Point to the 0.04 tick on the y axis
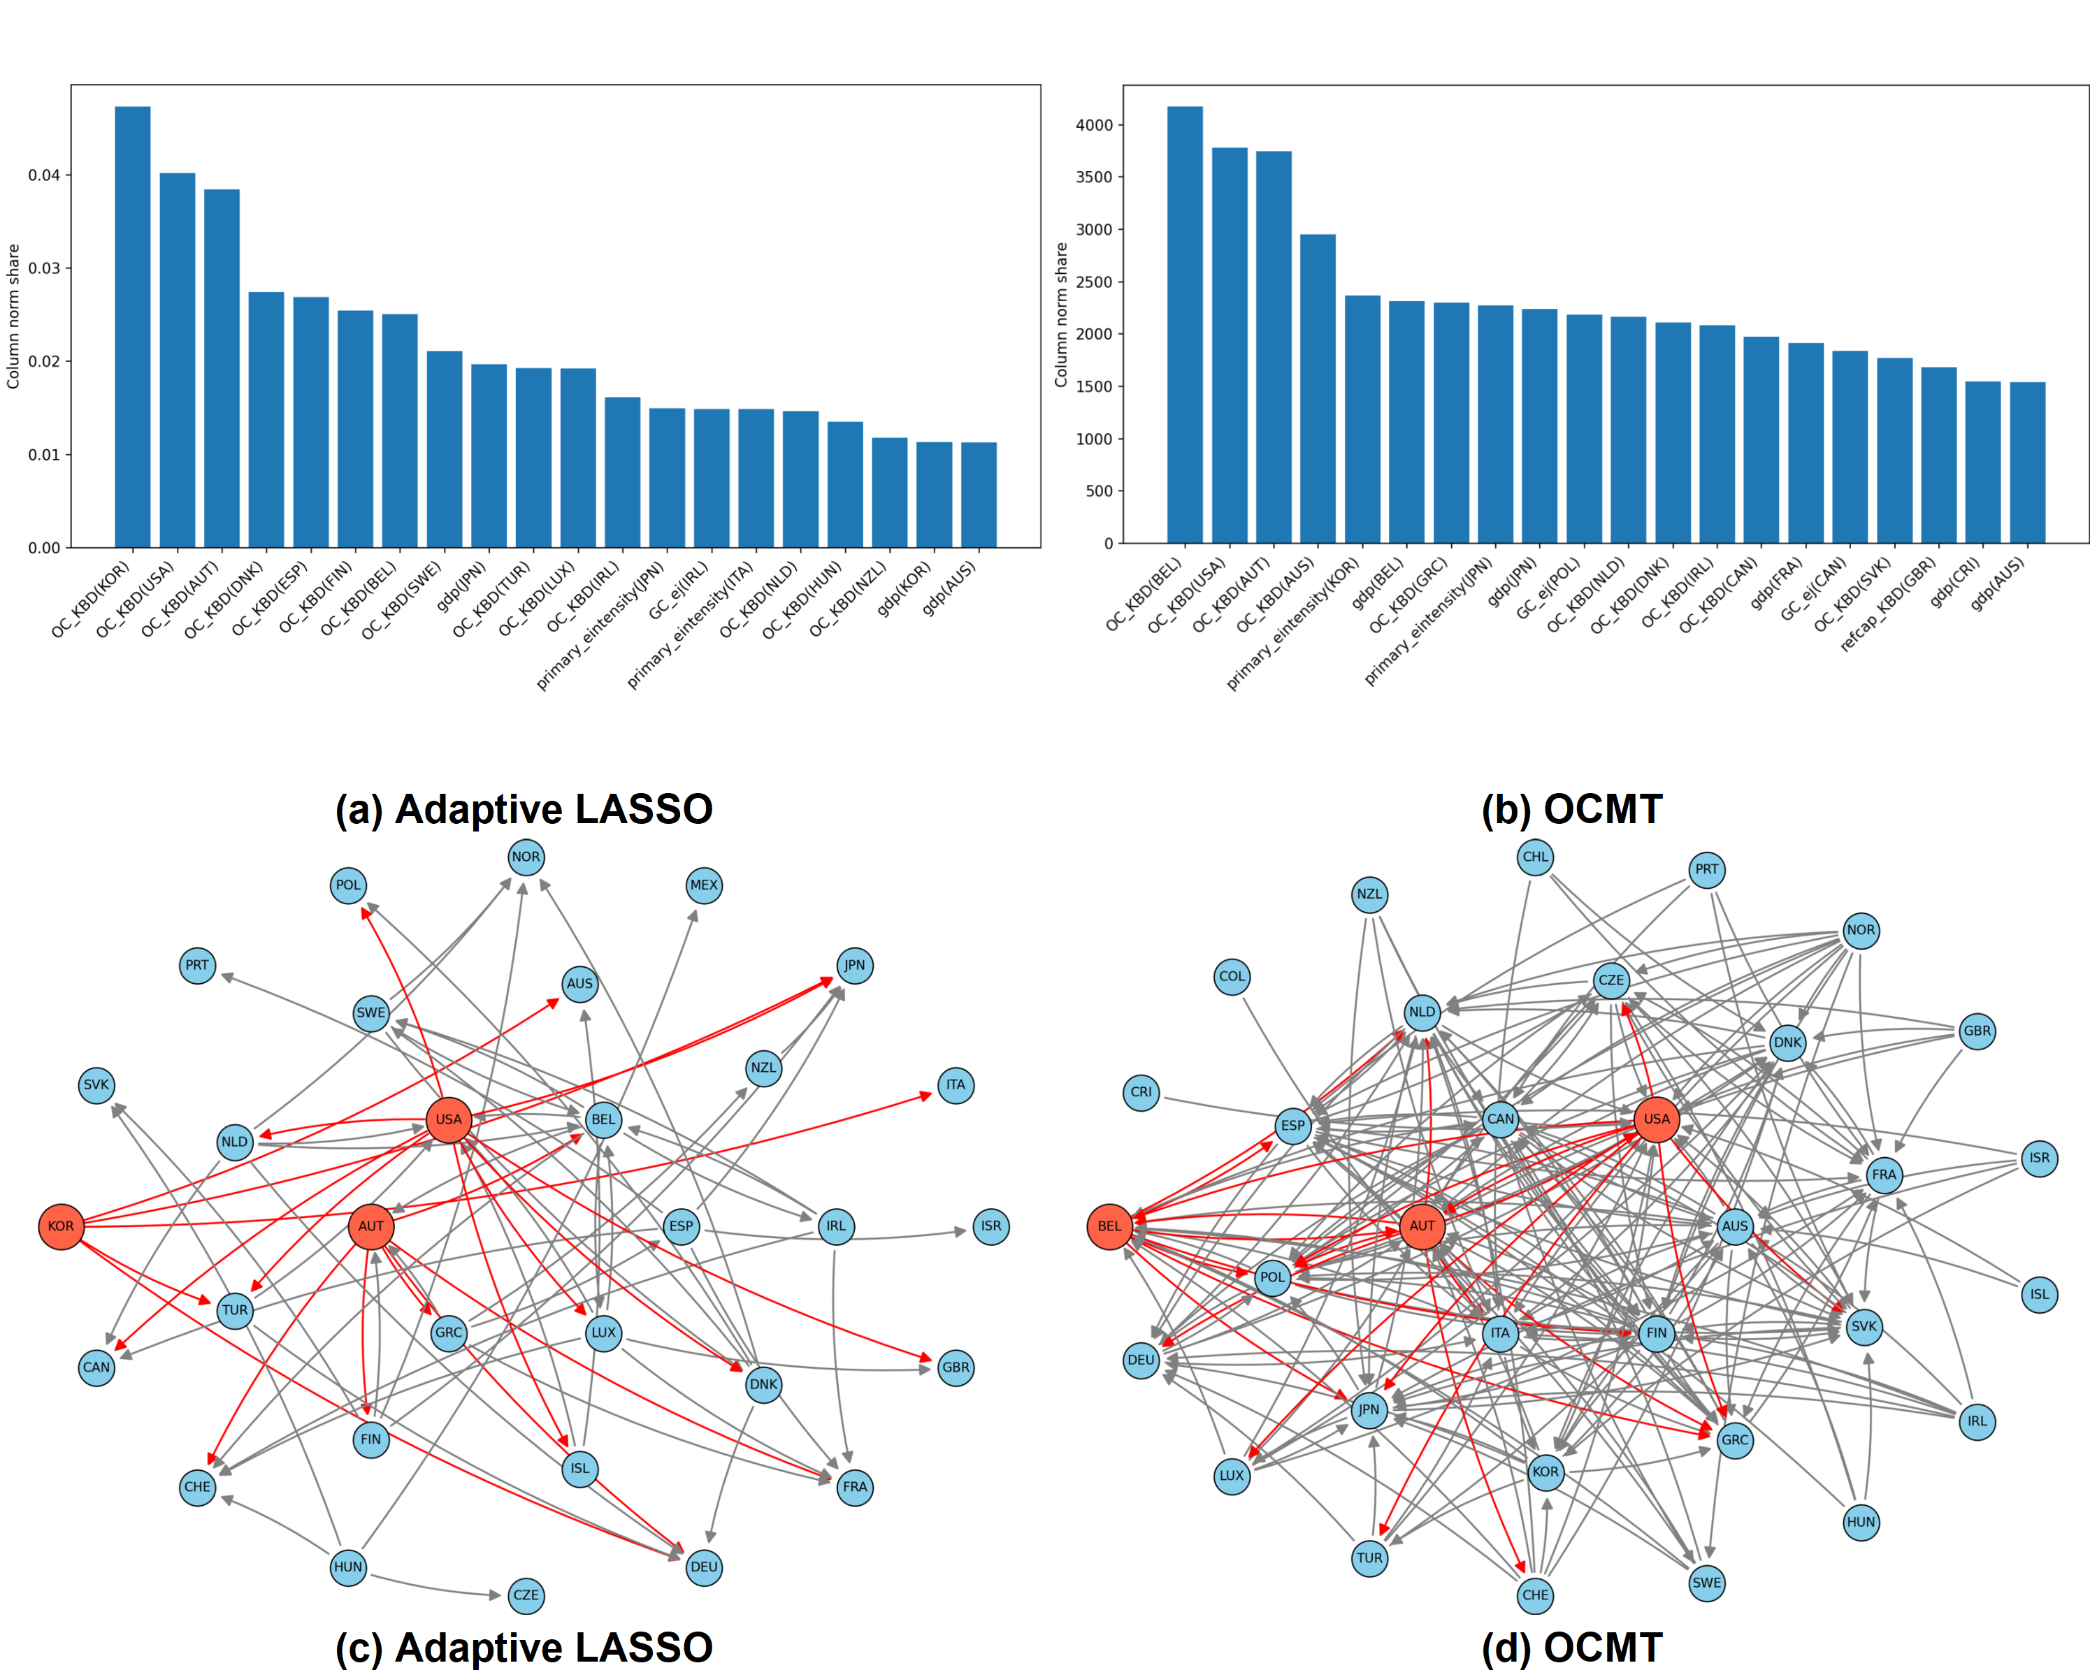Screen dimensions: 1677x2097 pos(44,175)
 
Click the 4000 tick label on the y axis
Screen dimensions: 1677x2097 pos(1093,125)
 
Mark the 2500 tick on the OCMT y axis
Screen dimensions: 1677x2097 pos(1093,282)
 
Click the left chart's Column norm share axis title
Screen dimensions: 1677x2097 pos(13,316)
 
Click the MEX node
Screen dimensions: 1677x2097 pos(703,885)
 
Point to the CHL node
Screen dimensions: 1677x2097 pos(1535,857)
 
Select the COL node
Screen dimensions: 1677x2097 pos(1232,976)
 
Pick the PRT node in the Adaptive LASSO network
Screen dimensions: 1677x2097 pos(196,966)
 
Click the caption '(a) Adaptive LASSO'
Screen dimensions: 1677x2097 pos(524,809)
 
